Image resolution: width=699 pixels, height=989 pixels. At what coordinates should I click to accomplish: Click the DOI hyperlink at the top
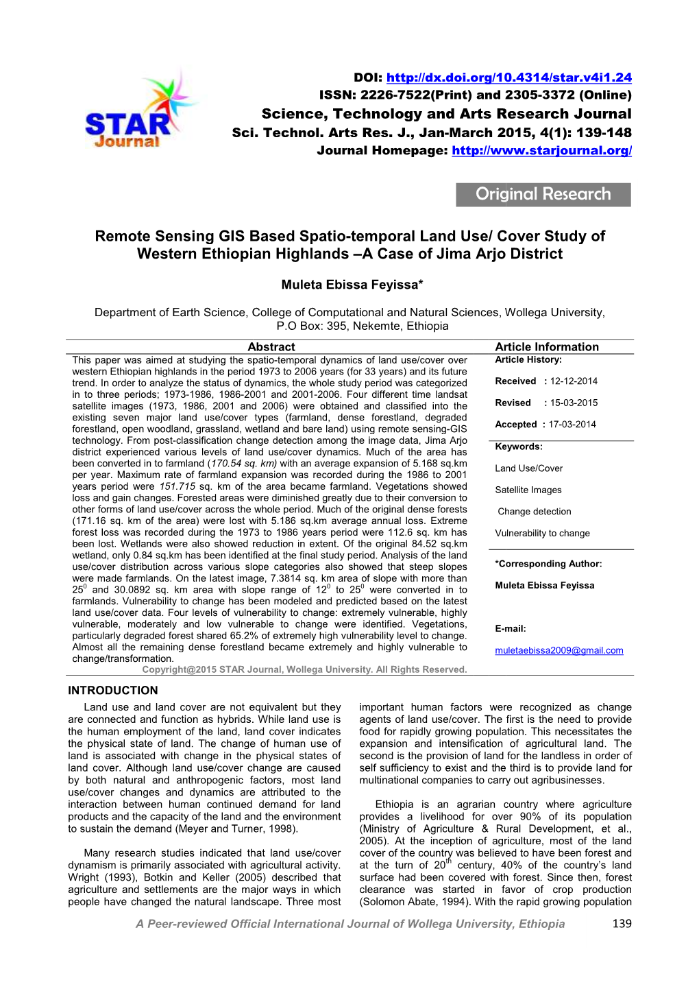508,78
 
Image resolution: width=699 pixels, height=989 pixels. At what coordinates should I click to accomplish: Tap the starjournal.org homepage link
541,150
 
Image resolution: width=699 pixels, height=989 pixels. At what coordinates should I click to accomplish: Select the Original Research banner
543,194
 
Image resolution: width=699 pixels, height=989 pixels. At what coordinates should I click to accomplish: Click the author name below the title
352,285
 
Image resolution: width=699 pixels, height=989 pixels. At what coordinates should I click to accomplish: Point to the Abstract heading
271,347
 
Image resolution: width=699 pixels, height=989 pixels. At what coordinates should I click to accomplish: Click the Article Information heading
547,347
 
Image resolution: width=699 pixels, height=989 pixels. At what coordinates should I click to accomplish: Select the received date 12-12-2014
574,381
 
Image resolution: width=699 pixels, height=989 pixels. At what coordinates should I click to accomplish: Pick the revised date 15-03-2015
574,403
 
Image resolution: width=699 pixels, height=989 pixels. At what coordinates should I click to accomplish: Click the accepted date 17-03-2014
572,425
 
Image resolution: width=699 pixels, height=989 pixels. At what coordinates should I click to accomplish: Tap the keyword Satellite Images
528,490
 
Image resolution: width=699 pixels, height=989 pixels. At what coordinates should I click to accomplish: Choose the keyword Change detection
535,512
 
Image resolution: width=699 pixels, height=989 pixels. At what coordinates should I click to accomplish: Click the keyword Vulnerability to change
542,533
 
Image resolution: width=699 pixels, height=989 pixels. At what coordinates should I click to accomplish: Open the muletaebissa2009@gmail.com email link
559,650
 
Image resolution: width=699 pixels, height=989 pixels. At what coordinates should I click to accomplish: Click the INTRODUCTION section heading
113,691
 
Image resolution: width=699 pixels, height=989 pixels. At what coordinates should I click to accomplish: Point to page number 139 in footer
622,924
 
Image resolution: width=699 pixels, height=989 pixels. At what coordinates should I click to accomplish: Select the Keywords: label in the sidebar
519,446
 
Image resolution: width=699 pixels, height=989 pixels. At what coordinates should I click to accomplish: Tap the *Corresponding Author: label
548,564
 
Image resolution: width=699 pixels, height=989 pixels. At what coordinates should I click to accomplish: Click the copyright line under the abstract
304,669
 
